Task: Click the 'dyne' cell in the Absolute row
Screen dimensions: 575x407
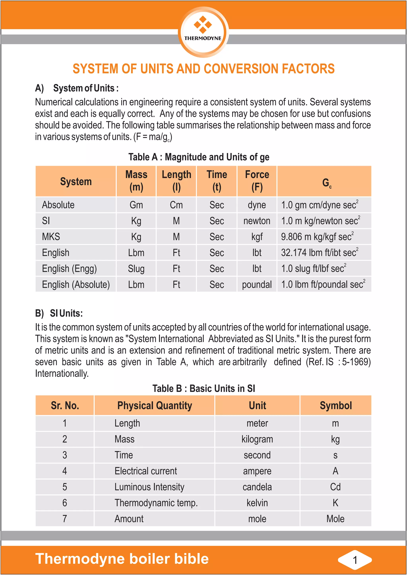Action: pos(257,205)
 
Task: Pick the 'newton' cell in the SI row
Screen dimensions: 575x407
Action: pos(257,221)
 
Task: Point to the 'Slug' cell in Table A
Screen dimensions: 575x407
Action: pos(136,269)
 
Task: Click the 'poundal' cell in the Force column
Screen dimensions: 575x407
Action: pos(257,284)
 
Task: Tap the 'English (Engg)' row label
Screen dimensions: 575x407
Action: pos(69,269)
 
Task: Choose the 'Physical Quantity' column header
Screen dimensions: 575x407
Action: pos(155,405)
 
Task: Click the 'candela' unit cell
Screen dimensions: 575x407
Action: pos(257,487)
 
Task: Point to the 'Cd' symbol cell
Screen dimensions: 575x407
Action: pos(335,487)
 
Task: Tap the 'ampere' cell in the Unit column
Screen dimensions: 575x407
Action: pos(257,471)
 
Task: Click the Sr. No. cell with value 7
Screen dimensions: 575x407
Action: pos(65,519)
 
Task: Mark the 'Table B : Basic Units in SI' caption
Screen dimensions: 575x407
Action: pos(204,389)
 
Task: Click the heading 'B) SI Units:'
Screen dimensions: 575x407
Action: pos(59,313)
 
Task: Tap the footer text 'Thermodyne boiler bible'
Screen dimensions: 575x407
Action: pos(122,559)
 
